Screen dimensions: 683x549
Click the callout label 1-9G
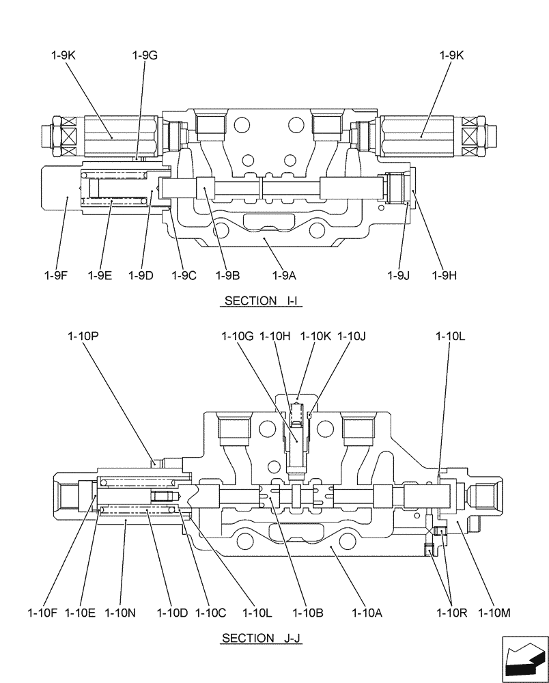(145, 56)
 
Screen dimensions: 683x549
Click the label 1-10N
(122, 613)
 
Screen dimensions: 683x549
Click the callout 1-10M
(495, 613)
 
